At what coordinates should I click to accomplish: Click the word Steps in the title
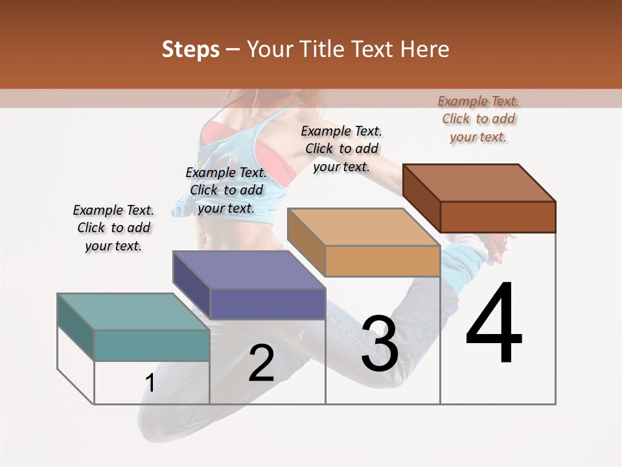pos(190,49)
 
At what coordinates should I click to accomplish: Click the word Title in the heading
pos(324,49)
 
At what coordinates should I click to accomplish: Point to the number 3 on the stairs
pos(380,344)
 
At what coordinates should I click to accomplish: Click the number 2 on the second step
pos(261,363)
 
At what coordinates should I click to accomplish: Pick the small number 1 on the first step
pos(150,383)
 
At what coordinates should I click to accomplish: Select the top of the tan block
pos(363,227)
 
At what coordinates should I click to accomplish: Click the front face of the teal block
pos(152,345)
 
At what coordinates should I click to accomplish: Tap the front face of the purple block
pos(268,304)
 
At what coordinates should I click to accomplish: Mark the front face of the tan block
pos(382,261)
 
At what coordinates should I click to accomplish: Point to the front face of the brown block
pos(498,217)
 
